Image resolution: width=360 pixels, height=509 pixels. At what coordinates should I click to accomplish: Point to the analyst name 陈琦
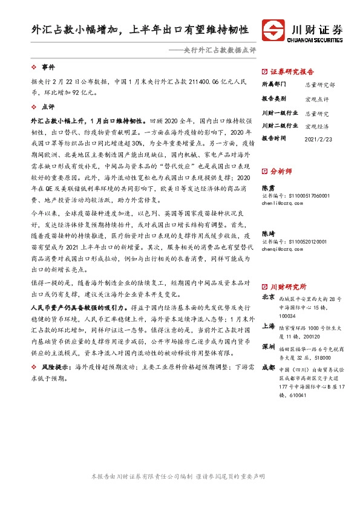[267, 233]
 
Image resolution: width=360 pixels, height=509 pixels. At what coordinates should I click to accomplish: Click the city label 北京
[269, 297]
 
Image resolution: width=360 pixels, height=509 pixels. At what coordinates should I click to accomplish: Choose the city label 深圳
[269, 348]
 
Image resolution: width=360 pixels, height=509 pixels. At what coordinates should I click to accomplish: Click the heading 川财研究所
[287, 286]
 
